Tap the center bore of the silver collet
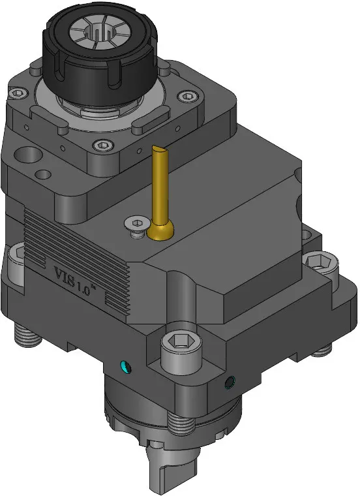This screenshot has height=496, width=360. click(100, 31)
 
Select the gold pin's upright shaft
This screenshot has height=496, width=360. click(160, 183)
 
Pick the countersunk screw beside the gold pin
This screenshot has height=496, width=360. click(136, 224)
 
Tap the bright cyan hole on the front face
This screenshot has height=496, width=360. click(125, 367)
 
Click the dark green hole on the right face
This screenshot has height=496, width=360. click(230, 382)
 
